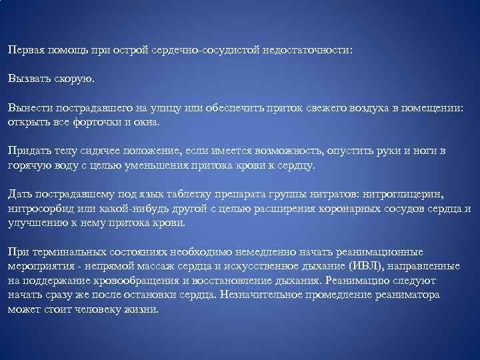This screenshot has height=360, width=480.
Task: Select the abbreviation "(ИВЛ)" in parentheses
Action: pyautogui.click(x=359, y=266)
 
